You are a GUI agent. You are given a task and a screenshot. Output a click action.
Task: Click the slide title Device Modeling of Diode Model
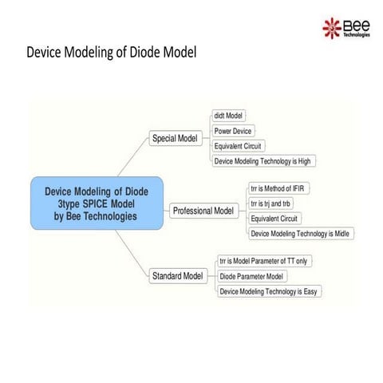[x=111, y=53]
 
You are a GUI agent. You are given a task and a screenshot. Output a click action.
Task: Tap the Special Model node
[x=175, y=138]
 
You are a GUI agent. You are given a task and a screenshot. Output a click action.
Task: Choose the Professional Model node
[x=203, y=211]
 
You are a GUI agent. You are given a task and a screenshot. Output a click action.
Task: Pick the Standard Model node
[x=177, y=276]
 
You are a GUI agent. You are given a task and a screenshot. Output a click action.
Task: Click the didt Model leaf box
[x=229, y=116]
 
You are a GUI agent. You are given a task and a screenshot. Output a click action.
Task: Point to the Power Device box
[x=234, y=131]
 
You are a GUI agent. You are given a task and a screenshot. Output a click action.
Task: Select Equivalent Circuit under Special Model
[x=239, y=146]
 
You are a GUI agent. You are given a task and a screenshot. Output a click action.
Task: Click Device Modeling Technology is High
[x=262, y=161]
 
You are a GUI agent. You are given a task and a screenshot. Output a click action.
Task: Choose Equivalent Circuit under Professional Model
[x=274, y=219]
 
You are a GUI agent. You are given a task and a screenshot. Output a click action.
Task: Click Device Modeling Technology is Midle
[x=300, y=234]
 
